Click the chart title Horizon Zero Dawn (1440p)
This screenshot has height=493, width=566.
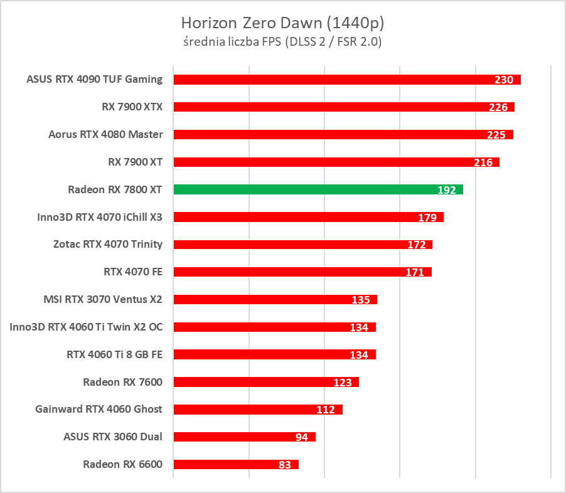click(x=282, y=23)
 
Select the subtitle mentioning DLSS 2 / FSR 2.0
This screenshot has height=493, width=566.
click(x=282, y=42)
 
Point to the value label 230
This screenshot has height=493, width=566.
click(x=503, y=80)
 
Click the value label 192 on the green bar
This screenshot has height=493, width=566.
click(x=446, y=189)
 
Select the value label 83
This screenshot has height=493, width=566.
click(x=284, y=465)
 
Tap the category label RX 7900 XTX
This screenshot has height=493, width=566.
click(x=132, y=107)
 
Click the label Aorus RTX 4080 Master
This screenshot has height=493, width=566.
click(x=105, y=134)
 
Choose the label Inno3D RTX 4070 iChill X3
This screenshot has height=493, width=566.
click(x=100, y=217)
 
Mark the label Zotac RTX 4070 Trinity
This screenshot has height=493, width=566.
click(x=108, y=244)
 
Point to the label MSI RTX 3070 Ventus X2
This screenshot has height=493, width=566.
click(x=102, y=299)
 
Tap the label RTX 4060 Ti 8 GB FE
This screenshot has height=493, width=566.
click(x=114, y=354)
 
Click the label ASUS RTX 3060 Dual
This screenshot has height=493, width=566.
click(x=113, y=437)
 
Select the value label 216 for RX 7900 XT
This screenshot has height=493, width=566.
click(x=483, y=162)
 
